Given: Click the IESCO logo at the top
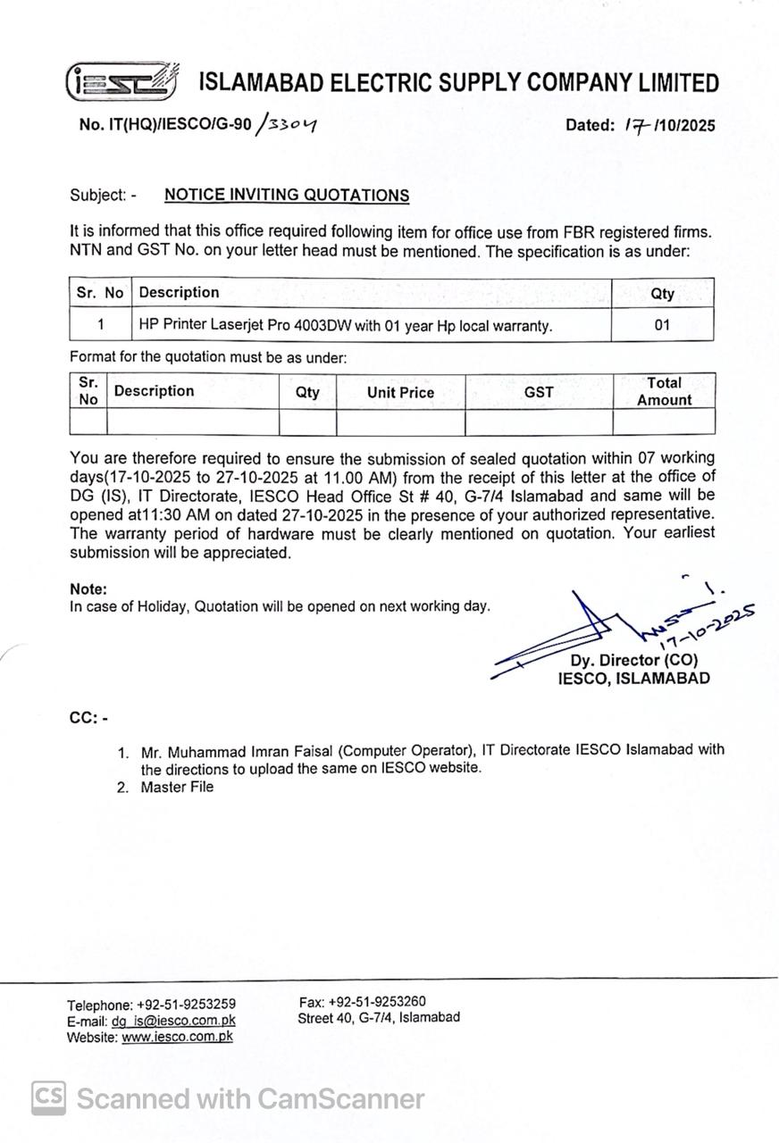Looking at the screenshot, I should (121, 81).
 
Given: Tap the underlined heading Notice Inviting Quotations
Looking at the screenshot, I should (287, 196).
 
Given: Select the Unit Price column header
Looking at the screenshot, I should (400, 392).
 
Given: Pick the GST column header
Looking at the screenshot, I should (539, 392).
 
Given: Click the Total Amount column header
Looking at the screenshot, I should (664, 392).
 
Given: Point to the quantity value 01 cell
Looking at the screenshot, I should (661, 326).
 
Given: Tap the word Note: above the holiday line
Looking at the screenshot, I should (88, 589).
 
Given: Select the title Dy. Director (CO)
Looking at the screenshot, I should (634, 661).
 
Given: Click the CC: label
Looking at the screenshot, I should (88, 718).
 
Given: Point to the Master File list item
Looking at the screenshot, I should (177, 787).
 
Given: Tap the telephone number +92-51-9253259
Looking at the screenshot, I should (186, 1005).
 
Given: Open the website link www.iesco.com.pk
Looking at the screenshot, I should (177, 1038).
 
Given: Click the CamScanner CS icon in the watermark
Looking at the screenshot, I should (49, 1097).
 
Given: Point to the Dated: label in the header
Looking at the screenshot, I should (591, 126).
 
